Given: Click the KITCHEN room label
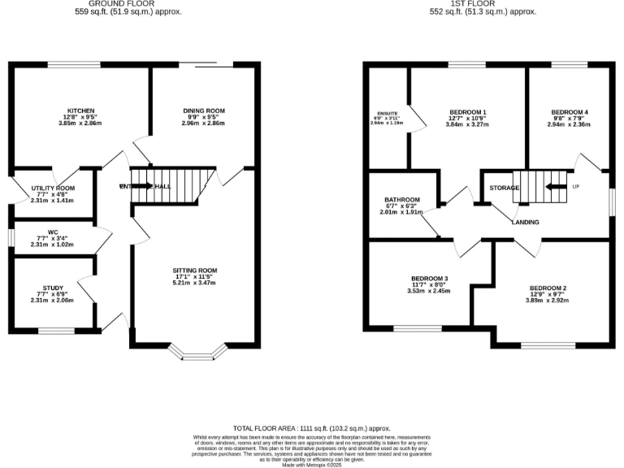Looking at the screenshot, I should pyautogui.click(x=81, y=110).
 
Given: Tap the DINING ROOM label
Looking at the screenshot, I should pyautogui.click(x=202, y=110).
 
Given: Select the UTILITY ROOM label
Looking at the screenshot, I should pyautogui.click(x=53, y=188).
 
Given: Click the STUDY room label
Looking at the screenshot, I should pyautogui.click(x=53, y=288).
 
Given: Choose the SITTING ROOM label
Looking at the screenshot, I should pyautogui.click(x=194, y=270).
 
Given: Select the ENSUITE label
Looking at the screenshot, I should pyautogui.click(x=387, y=113).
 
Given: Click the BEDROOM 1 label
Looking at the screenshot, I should pyautogui.click(x=467, y=111).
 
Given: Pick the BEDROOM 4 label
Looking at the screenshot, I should pyautogui.click(x=569, y=111).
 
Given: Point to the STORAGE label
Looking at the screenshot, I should pyautogui.click(x=504, y=188).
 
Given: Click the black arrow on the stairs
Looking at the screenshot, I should pyautogui.click(x=557, y=186).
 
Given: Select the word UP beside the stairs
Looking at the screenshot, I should pyautogui.click(x=576, y=186).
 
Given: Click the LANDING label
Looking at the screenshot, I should pyautogui.click(x=528, y=222).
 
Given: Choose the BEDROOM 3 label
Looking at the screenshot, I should pyautogui.click(x=429, y=278).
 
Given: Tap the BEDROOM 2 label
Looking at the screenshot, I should pyautogui.click(x=548, y=288).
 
